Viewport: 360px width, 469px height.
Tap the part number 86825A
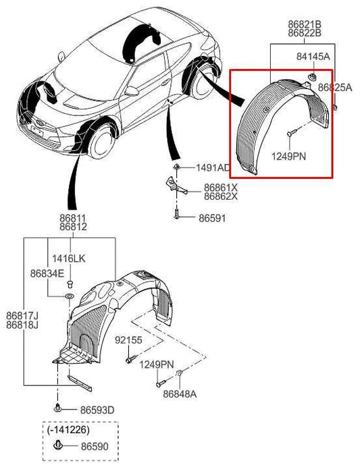point(334,88)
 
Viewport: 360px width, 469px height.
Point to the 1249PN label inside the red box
point(289,156)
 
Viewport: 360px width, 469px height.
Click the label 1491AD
point(213,167)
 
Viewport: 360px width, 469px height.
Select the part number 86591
point(212,219)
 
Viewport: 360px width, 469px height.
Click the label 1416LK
point(71,258)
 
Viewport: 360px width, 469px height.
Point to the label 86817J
point(22,316)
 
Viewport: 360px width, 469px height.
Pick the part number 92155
point(128,340)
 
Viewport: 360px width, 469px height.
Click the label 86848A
point(179,394)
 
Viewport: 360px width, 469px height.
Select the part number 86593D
point(97,409)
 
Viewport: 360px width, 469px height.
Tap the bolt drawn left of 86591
point(174,217)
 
